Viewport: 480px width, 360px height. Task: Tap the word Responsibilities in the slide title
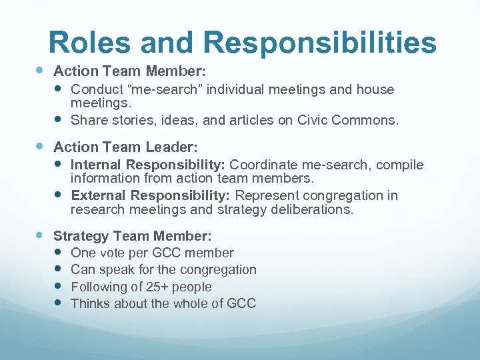321,42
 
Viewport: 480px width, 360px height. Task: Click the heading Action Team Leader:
125,146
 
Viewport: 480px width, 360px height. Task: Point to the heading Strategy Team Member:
133,236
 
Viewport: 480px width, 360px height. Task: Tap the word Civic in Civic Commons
321,120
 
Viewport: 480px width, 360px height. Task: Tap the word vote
111,253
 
